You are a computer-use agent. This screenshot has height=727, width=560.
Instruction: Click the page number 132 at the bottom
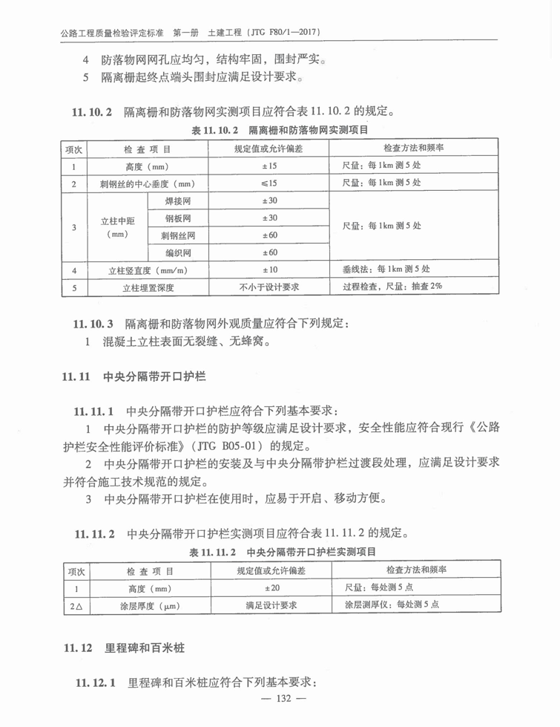[280, 698]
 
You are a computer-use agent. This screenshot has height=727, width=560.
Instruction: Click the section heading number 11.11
[76, 377]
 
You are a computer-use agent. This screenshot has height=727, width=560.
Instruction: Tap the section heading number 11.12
[76, 648]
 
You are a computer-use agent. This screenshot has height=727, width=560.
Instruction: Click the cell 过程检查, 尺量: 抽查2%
[392, 287]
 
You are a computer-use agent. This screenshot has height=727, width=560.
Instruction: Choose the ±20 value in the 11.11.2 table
[271, 588]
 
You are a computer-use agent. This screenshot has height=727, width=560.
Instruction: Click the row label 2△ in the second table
[75, 606]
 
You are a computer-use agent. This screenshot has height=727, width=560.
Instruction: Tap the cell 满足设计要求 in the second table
[271, 606]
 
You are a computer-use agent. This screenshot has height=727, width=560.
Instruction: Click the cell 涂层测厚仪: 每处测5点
[392, 605]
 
